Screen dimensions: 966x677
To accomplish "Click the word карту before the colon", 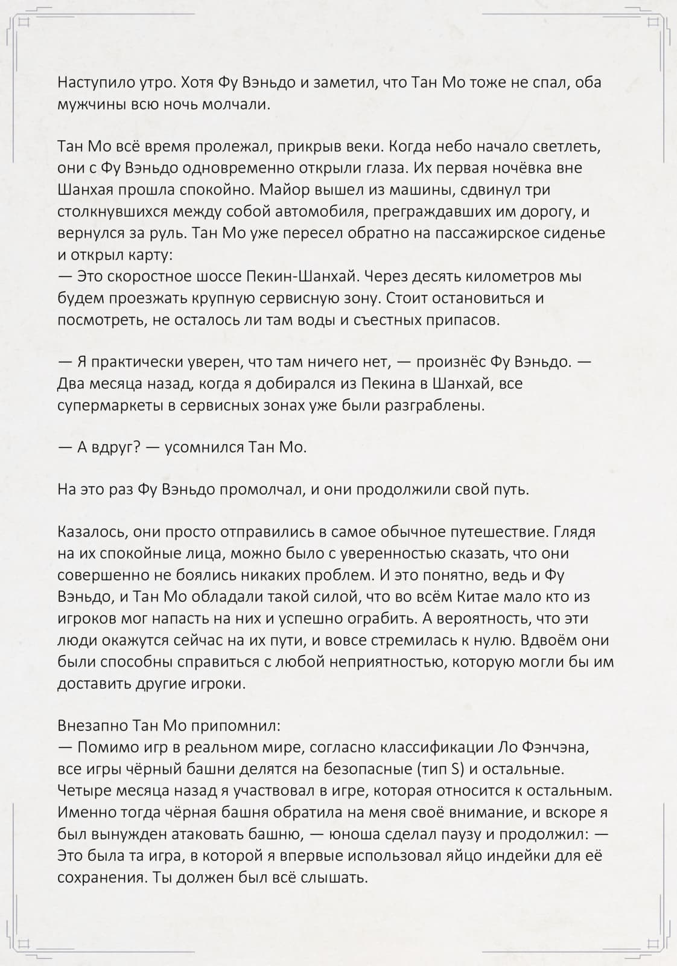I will (x=149, y=255).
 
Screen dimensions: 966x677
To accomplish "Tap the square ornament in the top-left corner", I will (x=24, y=23).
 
